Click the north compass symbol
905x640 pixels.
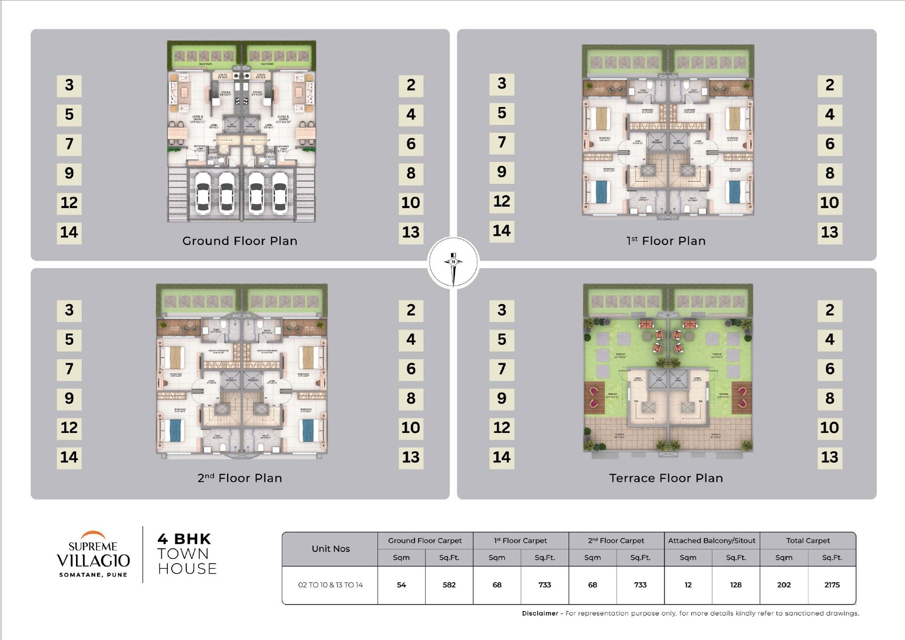453,262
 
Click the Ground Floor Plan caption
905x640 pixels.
239,241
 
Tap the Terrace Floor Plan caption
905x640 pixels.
666,478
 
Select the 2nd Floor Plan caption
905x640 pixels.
239,478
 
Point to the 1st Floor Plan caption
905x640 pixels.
666,241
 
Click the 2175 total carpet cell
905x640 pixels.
831,585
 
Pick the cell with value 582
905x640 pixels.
449,585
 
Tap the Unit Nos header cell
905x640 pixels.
331,548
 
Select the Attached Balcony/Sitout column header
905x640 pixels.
711,540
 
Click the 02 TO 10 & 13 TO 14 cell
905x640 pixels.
331,585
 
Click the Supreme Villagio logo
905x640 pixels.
93,554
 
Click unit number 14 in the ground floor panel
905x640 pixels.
69,232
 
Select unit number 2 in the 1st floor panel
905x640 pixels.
829,85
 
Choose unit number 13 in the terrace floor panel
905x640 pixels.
829,457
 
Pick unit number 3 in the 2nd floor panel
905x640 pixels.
69,310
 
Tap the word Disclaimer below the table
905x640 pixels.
540,614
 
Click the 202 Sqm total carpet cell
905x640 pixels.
784,585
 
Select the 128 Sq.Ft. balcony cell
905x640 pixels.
735,585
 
